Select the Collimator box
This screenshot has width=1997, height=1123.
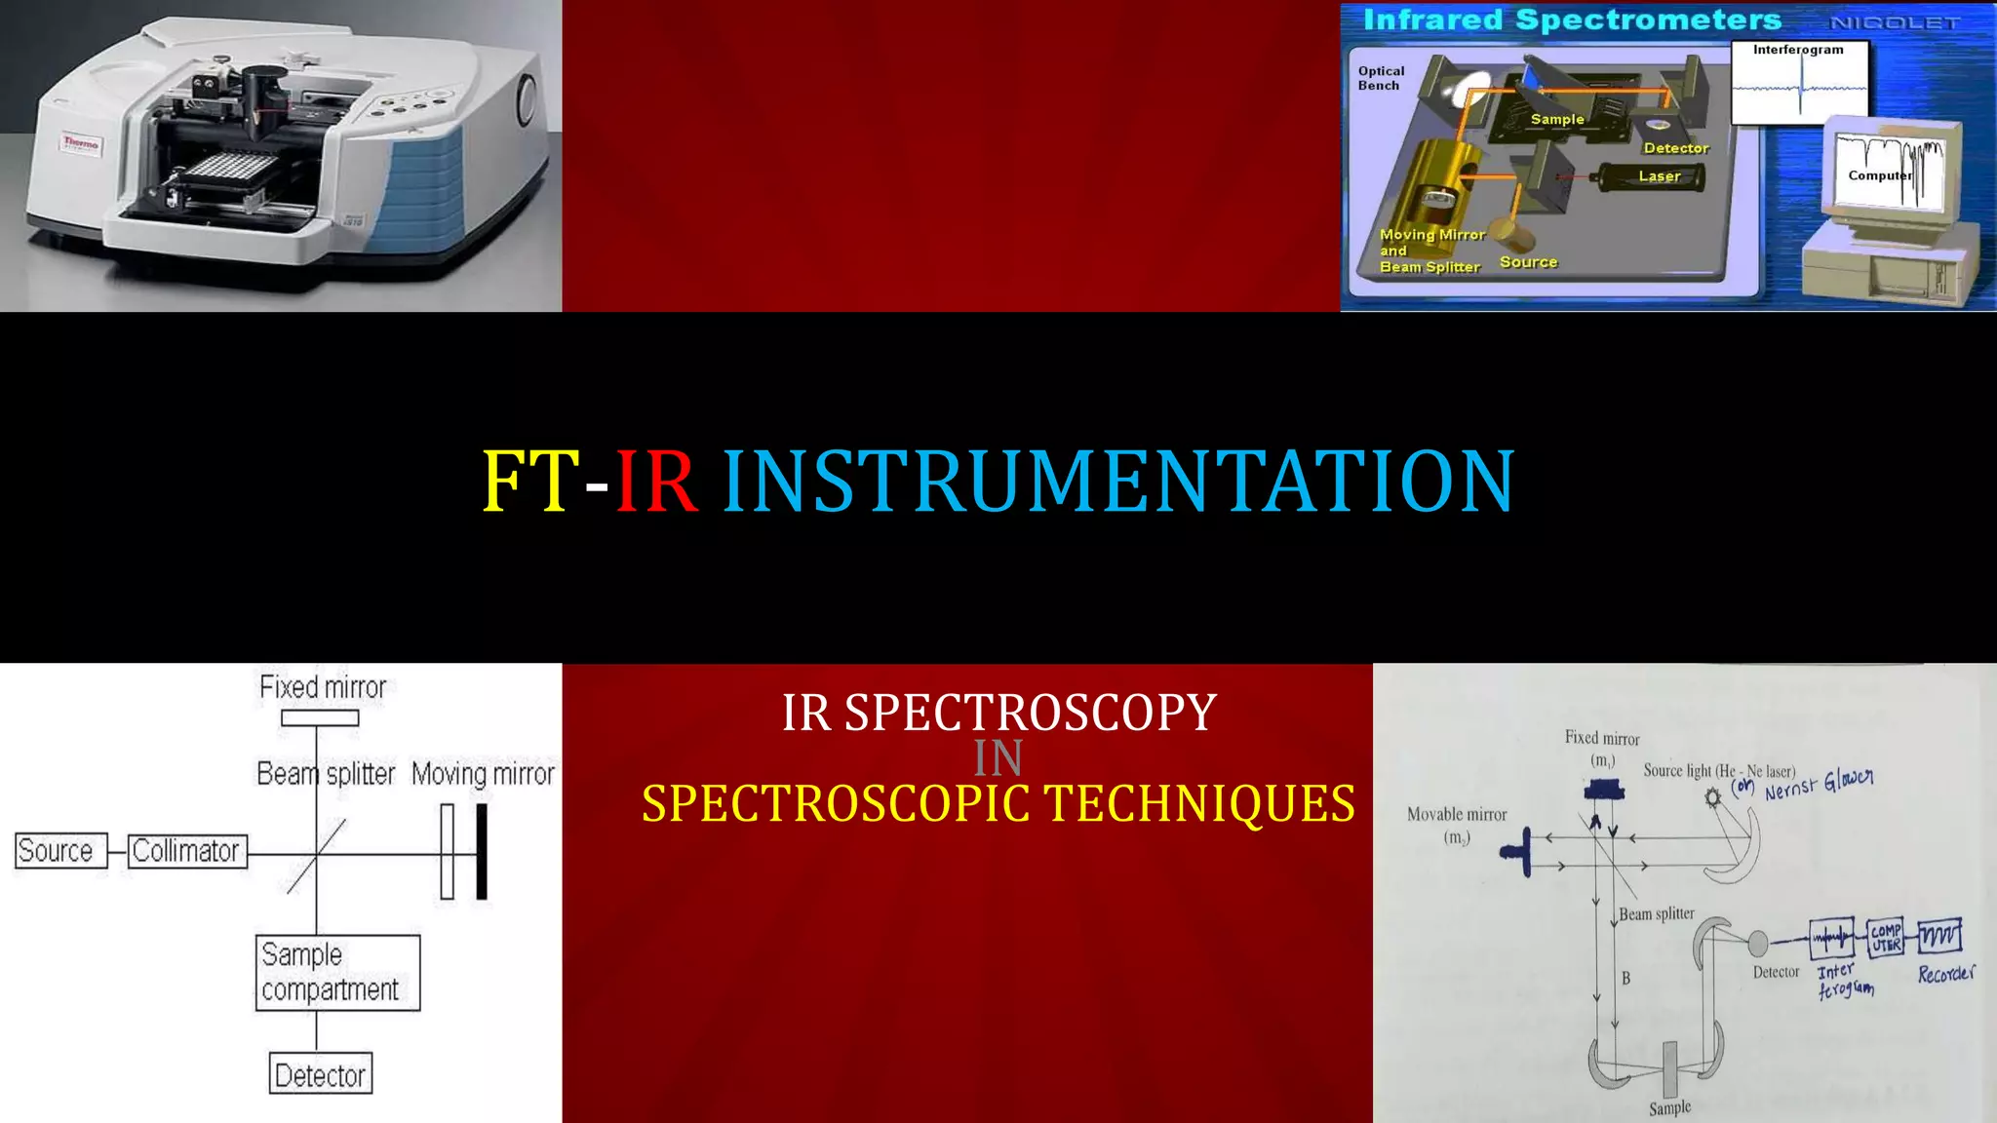click(x=187, y=851)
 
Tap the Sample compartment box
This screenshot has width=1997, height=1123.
click(x=337, y=973)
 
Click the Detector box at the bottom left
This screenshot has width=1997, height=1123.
click(x=321, y=1074)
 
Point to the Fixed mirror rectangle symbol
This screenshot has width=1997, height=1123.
click(x=320, y=718)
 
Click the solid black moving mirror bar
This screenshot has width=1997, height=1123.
click(x=481, y=851)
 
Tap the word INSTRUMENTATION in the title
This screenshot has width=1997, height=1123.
click(x=1117, y=481)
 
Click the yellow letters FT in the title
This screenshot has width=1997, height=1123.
click(x=530, y=481)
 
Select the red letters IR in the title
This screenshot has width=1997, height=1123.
click(x=656, y=481)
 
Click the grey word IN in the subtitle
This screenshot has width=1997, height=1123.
click(x=998, y=758)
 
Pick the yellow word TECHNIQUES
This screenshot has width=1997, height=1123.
click(x=1198, y=804)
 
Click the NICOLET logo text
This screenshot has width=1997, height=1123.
click(x=1894, y=22)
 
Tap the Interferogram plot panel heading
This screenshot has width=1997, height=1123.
click(x=1798, y=50)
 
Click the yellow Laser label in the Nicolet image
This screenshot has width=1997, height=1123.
click(x=1659, y=176)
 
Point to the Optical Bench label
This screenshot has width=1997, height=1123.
click(x=1381, y=78)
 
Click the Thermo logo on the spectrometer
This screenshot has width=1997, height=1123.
click(x=81, y=143)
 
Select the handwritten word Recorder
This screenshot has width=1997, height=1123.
click(x=1945, y=974)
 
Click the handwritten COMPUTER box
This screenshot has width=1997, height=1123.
click(x=1886, y=938)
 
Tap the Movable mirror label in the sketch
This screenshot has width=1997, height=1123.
click(x=1456, y=815)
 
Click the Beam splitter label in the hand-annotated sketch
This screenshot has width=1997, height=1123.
click(x=1656, y=913)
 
